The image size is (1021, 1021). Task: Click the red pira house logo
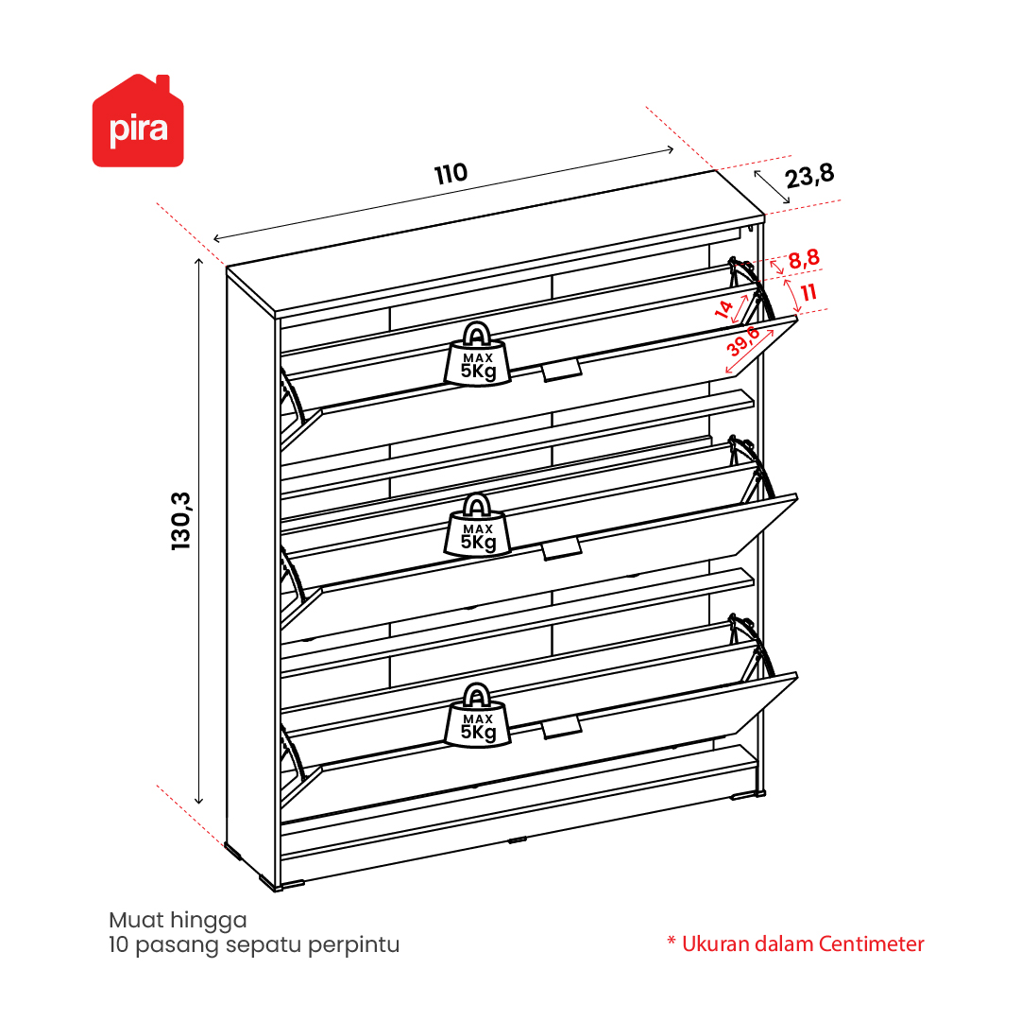pos(138,121)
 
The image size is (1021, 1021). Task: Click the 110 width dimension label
pos(451,173)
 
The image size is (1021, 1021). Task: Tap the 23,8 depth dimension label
pos(808,176)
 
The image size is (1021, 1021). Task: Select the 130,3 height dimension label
pos(180,521)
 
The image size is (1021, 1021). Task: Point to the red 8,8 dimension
pos(804,259)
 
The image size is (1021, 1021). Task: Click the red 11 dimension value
pos(808,292)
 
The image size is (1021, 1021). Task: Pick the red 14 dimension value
pos(723,309)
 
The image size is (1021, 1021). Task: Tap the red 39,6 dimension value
pos(743,340)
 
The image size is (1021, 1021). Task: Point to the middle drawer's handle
pos(561,548)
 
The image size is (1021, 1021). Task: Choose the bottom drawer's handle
pos(561,727)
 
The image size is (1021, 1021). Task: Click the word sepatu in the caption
pos(264,944)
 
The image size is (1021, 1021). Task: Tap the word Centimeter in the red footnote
pos(871,943)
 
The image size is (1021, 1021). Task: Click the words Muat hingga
pos(178,921)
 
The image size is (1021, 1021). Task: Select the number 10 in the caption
pos(118,944)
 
